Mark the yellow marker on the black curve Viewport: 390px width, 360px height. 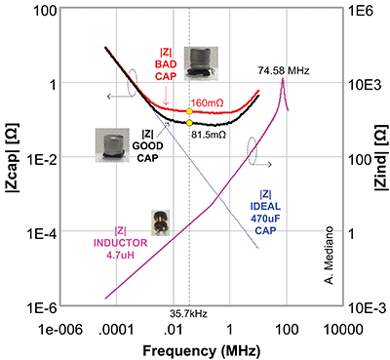click(x=188, y=122)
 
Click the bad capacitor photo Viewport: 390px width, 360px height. click(x=201, y=60)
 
